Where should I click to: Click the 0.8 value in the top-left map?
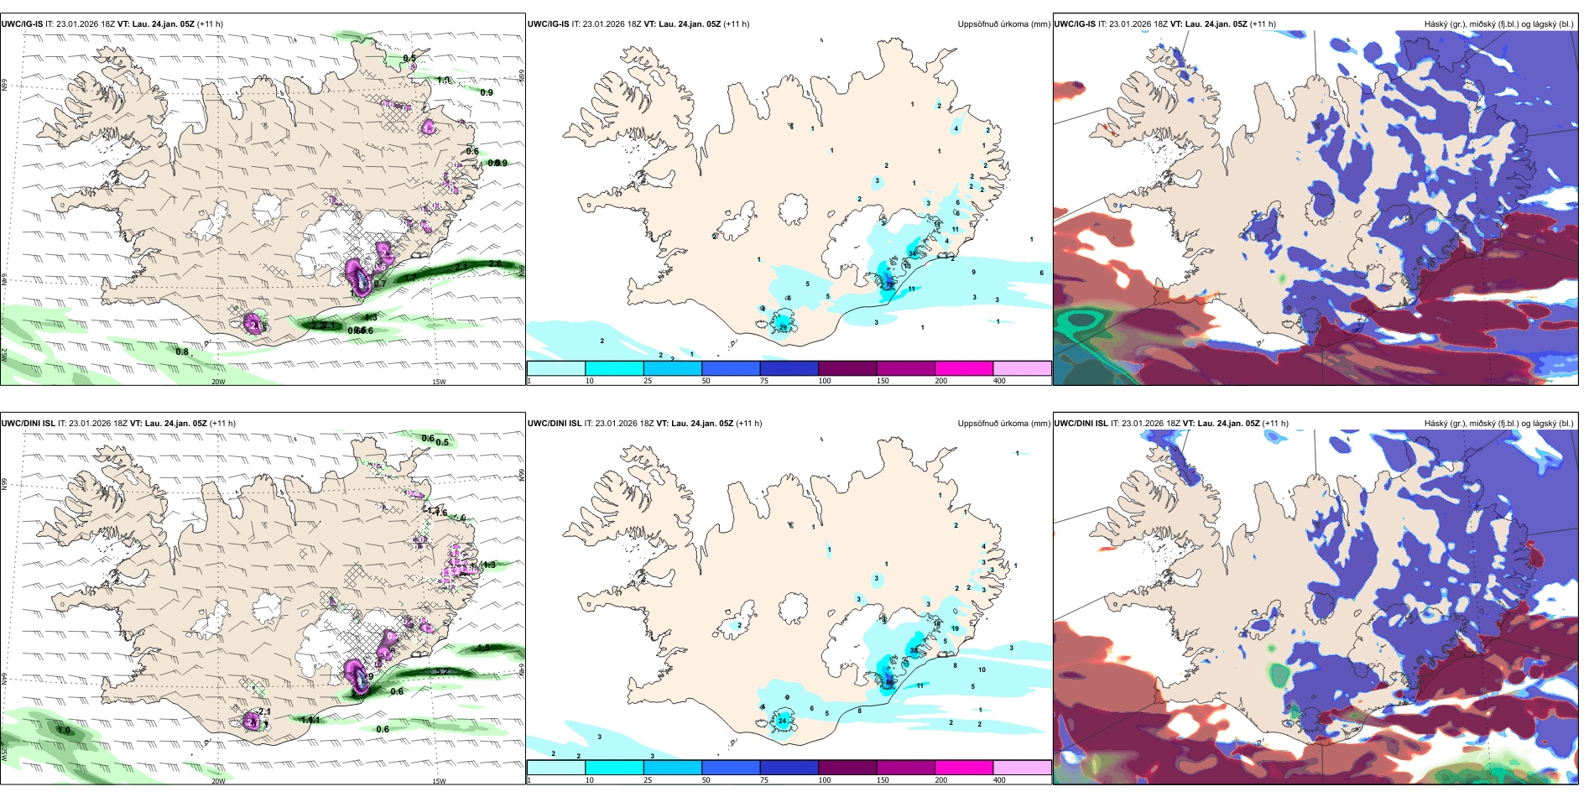182,352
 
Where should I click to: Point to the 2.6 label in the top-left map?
495,263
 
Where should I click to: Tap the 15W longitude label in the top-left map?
438,382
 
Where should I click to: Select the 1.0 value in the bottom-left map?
64,731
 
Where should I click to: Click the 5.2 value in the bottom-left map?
441,672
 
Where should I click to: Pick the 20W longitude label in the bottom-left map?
218,781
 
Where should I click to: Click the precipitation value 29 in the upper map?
783,326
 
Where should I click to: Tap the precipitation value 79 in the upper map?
888,285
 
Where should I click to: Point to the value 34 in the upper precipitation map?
913,253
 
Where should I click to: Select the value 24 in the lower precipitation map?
782,721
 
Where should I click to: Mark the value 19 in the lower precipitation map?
955,628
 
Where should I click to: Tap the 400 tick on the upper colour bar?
999,381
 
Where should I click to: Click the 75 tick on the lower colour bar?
763,780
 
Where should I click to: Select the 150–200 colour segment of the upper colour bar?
963,368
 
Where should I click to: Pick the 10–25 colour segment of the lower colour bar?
614,768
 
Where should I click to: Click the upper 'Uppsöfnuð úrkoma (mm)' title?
1003,24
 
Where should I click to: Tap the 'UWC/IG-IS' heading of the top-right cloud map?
1075,24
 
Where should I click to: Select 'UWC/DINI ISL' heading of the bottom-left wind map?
28,424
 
